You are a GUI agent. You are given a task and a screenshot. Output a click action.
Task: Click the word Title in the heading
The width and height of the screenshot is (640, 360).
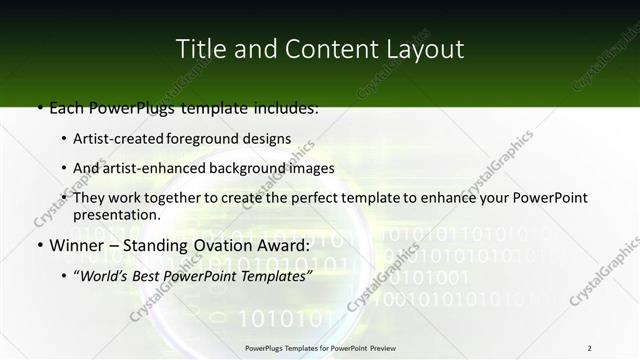click(197, 49)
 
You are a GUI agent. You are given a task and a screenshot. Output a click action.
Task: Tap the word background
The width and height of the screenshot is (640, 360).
click(240, 168)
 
